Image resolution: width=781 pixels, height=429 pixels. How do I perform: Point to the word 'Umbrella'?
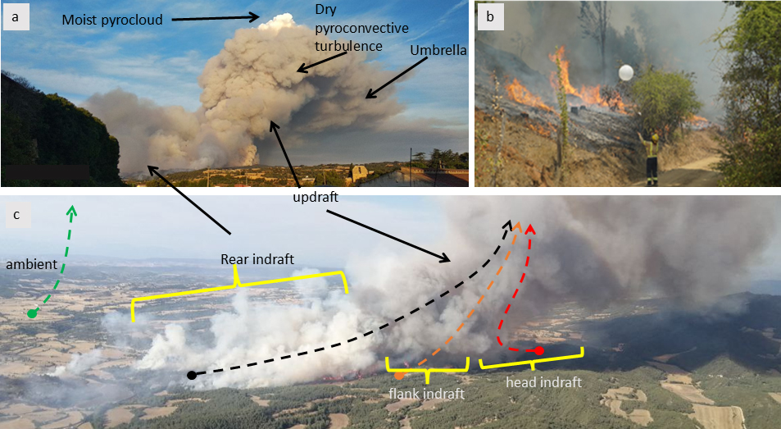pos(438,51)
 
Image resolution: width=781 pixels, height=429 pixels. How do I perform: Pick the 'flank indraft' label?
pos(426,395)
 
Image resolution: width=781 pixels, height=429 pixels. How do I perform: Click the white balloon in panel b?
pos(624,72)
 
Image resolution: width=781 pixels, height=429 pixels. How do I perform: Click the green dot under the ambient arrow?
pos(32,313)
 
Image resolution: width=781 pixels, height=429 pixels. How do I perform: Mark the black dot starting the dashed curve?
pos(191,375)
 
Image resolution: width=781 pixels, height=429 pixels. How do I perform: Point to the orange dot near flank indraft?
pos(399,375)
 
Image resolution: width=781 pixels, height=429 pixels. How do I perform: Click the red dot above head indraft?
pos(539,351)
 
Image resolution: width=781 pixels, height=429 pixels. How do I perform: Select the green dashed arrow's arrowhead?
pos(71,211)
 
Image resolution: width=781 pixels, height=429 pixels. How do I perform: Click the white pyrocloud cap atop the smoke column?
pos(276,21)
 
